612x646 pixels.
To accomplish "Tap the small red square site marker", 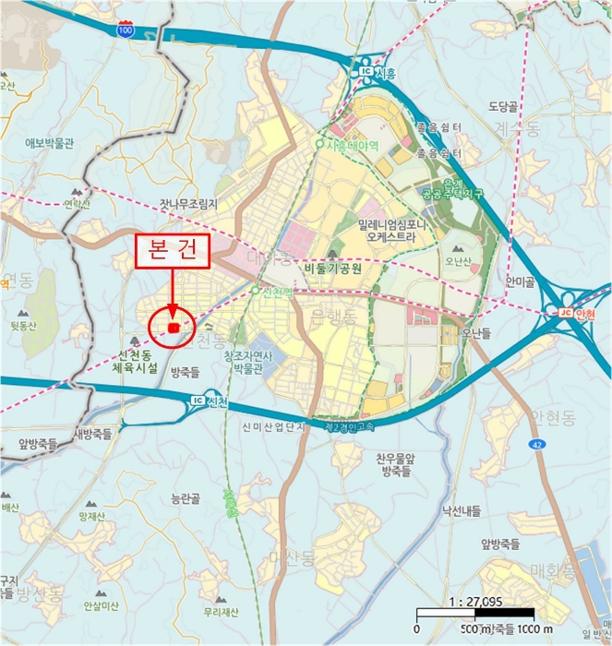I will coord(173,327).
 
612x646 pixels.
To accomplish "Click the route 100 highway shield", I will coord(125,30).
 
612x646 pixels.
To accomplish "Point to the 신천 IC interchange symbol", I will coord(197,401).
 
